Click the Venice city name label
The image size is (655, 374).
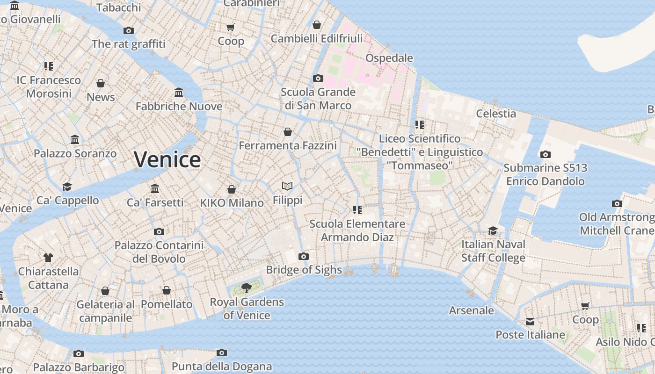pos(167,159)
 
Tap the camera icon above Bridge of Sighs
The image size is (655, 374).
pos(304,256)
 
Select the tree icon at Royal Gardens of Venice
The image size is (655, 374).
pos(246,288)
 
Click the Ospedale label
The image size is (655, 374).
pos(389,58)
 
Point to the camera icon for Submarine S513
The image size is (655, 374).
pos(545,154)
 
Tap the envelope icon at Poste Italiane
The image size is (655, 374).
pos(530,322)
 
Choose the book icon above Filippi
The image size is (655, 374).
pos(287,187)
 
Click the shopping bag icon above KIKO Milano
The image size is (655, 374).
pos(231,189)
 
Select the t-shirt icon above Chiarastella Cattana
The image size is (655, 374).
pos(48,257)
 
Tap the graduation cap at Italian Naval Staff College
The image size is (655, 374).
pos(493,230)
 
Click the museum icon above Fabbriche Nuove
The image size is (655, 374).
pos(179,92)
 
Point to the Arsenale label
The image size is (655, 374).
pos(471,310)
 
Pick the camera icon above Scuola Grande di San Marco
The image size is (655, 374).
pos(318,78)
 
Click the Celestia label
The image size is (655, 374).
pos(496,114)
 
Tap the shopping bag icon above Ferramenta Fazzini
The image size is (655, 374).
pos(288,132)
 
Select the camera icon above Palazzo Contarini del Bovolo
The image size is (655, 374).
pos(159,231)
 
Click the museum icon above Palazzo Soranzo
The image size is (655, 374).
pos(75,140)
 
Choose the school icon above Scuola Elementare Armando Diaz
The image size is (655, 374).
pos(357,210)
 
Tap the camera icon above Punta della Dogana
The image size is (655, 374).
pos(222,352)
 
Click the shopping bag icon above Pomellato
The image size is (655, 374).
pos(167,291)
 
